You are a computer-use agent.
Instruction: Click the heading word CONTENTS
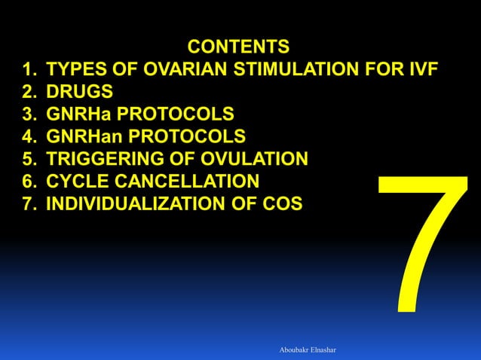point(238,47)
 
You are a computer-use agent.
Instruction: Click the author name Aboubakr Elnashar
point(310,350)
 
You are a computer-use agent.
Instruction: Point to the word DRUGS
point(80,93)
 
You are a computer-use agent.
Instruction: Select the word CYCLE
point(78,181)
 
